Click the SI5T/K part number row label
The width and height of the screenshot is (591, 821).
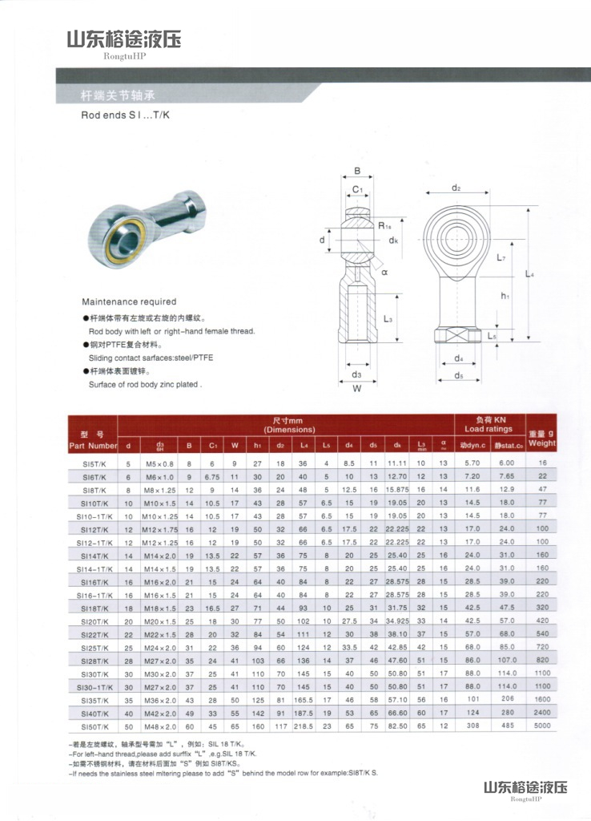(92, 463)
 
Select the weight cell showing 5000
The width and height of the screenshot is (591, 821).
(542, 726)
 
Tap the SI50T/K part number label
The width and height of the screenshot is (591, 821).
(93, 726)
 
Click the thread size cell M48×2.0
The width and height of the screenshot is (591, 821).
(160, 726)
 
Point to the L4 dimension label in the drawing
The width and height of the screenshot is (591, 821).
(529, 274)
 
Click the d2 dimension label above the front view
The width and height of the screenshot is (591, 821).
(456, 188)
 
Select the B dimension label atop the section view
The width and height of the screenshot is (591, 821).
(357, 171)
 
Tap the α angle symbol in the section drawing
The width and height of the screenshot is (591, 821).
(384, 273)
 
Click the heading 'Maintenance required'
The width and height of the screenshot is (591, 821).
(129, 302)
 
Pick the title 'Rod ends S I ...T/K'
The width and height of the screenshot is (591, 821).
(126, 115)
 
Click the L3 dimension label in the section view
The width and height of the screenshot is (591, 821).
(388, 319)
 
